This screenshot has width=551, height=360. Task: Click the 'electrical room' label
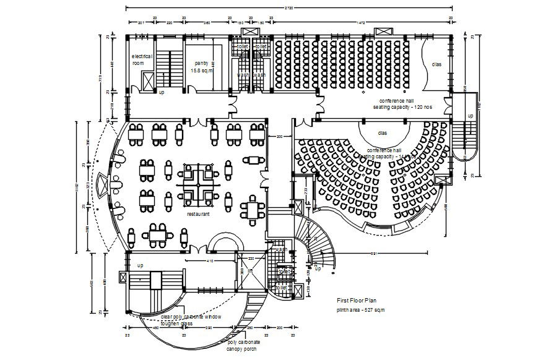[141, 59]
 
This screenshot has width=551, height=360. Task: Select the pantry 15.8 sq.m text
[201, 67]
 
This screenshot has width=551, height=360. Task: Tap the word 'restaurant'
[198, 214]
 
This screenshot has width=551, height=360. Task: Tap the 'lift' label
[250, 271]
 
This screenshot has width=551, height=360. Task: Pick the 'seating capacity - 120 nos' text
[402, 107]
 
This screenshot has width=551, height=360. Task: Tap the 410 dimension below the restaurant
[210, 261]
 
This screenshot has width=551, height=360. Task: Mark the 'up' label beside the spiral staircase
[318, 268]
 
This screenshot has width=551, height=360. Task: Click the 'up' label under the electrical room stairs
[162, 92]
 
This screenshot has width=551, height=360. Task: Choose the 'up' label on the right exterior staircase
[470, 116]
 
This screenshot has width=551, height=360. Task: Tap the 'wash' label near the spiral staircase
[282, 250]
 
